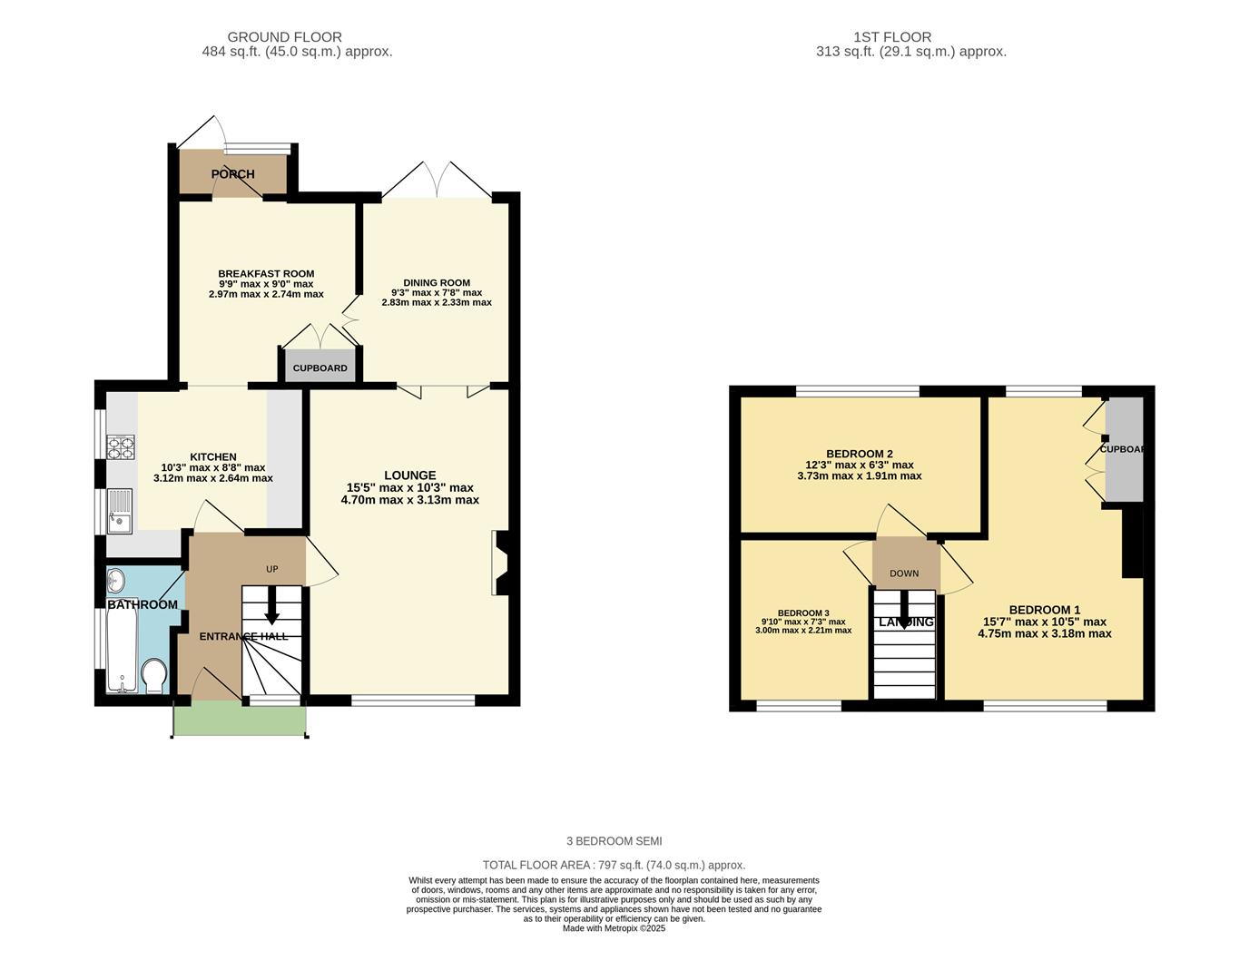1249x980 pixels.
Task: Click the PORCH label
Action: (x=233, y=174)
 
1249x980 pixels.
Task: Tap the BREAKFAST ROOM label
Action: (x=266, y=274)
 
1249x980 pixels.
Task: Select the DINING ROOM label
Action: (x=437, y=282)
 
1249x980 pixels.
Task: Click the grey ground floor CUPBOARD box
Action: (x=320, y=367)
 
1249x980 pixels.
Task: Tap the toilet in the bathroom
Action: (x=154, y=676)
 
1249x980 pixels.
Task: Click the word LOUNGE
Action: (x=409, y=475)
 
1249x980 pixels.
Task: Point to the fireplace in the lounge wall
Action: (x=501, y=563)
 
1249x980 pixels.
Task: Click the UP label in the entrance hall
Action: (x=271, y=569)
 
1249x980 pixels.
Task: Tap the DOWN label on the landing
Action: (x=904, y=573)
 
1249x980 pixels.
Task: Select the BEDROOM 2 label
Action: (x=860, y=454)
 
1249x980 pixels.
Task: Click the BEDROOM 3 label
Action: (x=803, y=612)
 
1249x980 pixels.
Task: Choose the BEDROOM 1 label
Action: (x=1044, y=610)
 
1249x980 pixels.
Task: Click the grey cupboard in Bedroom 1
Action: (x=1124, y=449)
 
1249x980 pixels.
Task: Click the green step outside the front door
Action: (x=240, y=720)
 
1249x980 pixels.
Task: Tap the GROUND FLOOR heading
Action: (x=284, y=37)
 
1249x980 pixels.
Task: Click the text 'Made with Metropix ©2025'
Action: (x=614, y=928)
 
